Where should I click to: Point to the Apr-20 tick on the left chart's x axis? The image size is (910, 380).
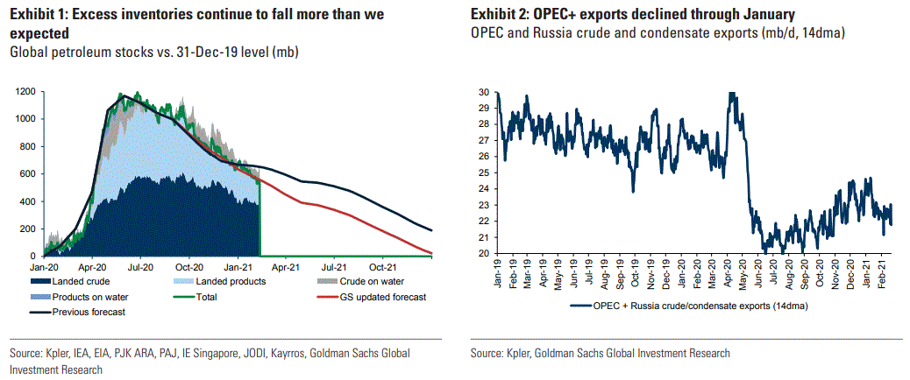(92, 266)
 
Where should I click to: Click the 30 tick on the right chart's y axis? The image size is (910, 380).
(484, 92)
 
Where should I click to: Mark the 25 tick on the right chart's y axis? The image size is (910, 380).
(484, 172)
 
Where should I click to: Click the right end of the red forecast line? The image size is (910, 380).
(431, 254)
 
